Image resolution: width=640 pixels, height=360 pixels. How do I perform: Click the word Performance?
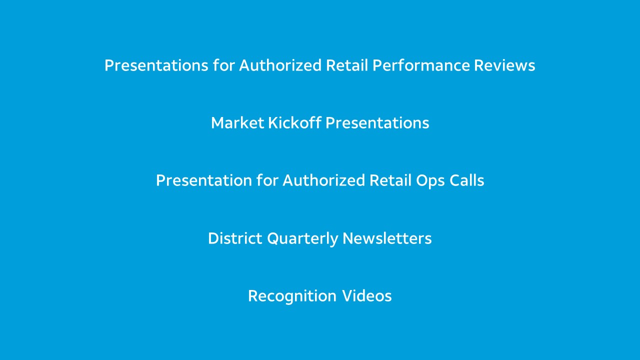click(x=421, y=65)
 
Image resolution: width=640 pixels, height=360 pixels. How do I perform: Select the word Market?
click(x=237, y=123)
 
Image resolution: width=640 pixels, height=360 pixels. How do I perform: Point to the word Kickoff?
click(x=294, y=123)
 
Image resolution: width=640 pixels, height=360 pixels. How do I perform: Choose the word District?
click(x=235, y=238)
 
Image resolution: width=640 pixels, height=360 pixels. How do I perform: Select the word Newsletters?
click(x=387, y=238)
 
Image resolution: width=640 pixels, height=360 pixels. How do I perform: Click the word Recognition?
click(x=292, y=296)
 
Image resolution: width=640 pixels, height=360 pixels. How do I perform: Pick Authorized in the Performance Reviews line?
click(x=280, y=65)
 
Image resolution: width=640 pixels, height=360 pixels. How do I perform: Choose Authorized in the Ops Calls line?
click(x=323, y=180)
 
